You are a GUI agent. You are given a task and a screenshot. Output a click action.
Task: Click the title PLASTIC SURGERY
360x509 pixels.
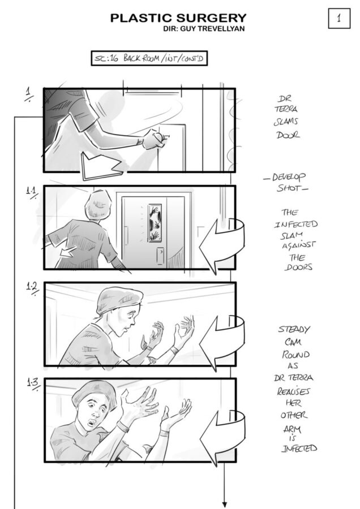[178, 18]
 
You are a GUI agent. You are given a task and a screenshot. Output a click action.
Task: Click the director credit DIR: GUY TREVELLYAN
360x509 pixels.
[204, 29]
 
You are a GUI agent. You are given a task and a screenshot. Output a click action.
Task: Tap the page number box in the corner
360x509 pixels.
[339, 18]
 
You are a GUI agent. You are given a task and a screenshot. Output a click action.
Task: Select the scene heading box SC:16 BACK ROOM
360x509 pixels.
[149, 58]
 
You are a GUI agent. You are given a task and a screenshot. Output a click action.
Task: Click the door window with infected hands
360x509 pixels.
[155, 223]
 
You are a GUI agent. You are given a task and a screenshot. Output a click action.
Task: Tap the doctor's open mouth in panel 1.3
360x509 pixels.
[93, 422]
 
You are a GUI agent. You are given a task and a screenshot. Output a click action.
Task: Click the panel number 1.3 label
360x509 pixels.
[33, 383]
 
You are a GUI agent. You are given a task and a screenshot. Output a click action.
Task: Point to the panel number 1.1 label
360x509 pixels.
[32, 191]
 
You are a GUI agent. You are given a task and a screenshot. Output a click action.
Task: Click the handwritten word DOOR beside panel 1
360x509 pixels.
[288, 135]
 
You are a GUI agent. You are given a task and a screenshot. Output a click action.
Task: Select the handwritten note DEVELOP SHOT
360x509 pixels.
[286, 182]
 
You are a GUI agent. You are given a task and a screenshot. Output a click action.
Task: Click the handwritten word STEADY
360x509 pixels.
[294, 329]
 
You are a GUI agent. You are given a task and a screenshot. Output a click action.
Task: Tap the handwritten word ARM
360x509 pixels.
[292, 429]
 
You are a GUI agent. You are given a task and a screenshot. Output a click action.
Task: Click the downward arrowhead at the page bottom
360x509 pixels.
[224, 504]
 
